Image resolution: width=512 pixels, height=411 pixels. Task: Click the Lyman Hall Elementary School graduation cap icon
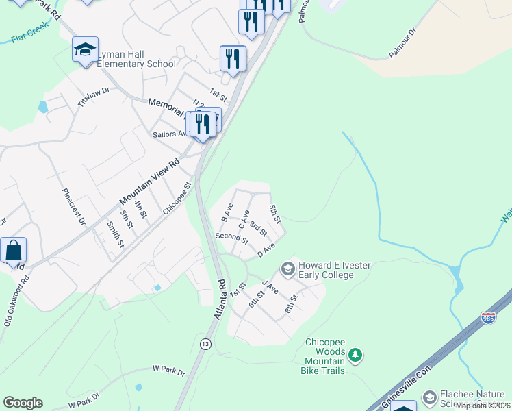point(86,49)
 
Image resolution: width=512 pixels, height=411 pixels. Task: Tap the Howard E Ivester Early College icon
point(288,269)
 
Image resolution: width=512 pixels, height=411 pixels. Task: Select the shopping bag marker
point(14,251)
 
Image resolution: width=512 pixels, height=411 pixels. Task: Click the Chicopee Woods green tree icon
point(355,355)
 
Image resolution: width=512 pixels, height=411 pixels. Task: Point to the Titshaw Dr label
point(94,95)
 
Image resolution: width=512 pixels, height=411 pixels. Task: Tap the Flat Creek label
point(28,36)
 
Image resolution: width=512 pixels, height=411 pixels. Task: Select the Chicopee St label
point(177,198)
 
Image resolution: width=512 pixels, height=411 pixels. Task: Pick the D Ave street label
point(266,251)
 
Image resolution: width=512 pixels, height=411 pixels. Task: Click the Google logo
point(23,403)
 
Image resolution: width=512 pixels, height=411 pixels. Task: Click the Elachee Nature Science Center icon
point(430,398)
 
